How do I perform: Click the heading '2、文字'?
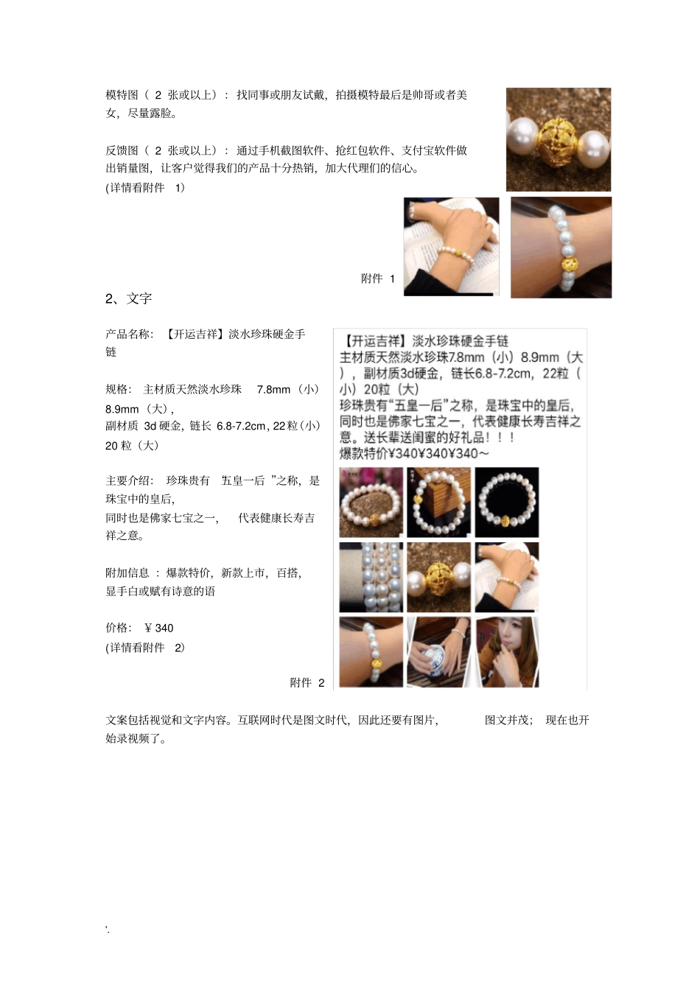pyautogui.click(x=128, y=298)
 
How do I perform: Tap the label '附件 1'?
pyautogui.click(x=378, y=279)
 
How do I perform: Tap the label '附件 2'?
pyautogui.click(x=307, y=683)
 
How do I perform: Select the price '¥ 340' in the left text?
pyautogui.click(x=159, y=628)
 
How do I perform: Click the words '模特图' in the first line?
pyautogui.click(x=122, y=95)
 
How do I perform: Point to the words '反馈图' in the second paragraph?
pyautogui.click(x=122, y=150)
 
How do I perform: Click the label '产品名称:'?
pyautogui.click(x=129, y=335)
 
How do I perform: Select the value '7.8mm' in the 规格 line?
pyautogui.click(x=273, y=389)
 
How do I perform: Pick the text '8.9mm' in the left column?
pyautogui.click(x=122, y=408)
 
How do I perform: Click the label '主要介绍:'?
pyautogui.click(x=129, y=480)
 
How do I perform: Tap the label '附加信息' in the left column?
pyautogui.click(x=127, y=572)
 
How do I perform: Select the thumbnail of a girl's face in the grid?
pyautogui.click(x=507, y=652)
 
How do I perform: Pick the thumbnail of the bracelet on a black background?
pyautogui.click(x=507, y=502)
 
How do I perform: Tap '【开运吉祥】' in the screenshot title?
pyautogui.click(x=373, y=340)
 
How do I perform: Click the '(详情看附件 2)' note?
pyautogui.click(x=145, y=648)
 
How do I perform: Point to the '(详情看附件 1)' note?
pyautogui.click(x=145, y=187)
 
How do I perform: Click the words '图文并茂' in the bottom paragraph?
pyautogui.click(x=508, y=720)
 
